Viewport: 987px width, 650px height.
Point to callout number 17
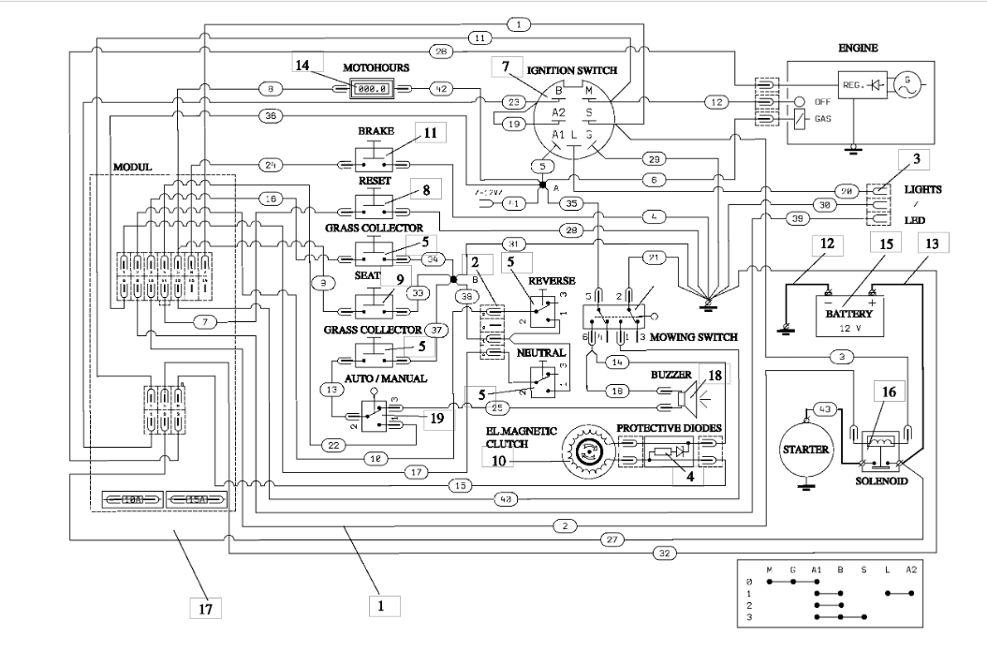[x=204, y=608]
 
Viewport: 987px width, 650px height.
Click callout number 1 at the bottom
[x=382, y=605]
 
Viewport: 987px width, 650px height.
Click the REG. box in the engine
[x=835, y=86]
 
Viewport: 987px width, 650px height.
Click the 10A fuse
[x=127, y=498]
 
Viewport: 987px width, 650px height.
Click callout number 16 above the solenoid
[x=887, y=393]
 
